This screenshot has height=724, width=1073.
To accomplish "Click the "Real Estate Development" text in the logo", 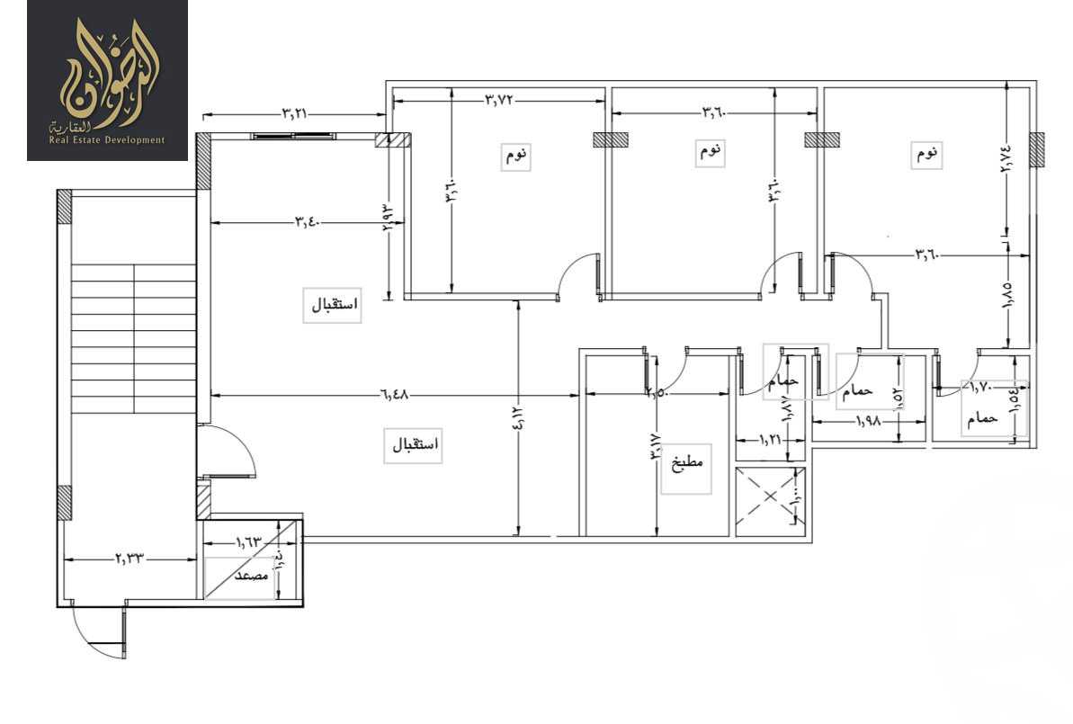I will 107,139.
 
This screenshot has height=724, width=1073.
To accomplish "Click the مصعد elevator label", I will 253,577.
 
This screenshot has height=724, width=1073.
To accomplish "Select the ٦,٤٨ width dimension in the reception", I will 393,395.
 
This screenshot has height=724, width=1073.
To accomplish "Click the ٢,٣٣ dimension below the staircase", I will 129,559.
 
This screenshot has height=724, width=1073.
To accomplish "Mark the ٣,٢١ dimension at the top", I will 295,114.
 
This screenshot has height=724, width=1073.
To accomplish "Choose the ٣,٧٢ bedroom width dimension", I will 499,99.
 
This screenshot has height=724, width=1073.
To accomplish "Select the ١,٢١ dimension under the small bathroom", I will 768,440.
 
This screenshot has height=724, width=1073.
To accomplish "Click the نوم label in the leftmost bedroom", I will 517,156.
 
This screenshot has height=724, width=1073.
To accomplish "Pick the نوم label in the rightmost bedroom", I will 927,154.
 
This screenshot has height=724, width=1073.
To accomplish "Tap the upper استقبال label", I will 335,305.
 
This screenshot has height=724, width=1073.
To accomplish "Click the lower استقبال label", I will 414,445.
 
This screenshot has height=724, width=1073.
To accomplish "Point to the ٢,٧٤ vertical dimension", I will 1006,164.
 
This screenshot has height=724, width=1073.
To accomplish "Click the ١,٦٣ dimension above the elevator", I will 248,542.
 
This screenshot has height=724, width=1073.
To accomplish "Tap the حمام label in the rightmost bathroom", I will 982,418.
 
